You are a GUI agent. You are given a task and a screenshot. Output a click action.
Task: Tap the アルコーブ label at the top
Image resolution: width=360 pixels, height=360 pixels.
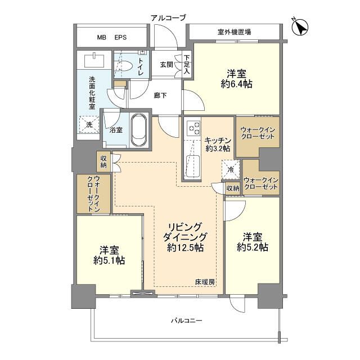pos(168,18)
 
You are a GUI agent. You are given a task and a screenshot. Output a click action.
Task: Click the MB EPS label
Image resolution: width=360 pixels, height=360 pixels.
pos(111,38)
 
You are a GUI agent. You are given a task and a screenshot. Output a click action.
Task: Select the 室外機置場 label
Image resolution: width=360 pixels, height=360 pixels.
pos(233,31)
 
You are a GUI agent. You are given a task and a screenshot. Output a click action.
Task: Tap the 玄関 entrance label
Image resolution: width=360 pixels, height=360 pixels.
pos(167,65)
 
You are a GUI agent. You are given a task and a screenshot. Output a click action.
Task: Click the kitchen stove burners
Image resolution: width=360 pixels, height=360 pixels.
pos(192,128)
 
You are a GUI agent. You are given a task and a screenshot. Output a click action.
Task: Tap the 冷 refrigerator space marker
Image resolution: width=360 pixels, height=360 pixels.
pos(231,169)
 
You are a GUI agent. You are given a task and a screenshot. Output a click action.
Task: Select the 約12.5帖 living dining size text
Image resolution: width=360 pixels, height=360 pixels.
pos(185,247)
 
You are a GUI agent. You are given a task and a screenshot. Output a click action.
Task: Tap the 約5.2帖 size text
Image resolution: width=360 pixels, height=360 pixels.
pos(252,247)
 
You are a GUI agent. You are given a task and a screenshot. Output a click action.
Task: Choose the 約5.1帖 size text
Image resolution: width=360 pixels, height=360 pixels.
pos(109,260)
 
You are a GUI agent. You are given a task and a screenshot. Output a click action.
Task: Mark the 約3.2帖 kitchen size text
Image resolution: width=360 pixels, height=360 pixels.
pos(218,148)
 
